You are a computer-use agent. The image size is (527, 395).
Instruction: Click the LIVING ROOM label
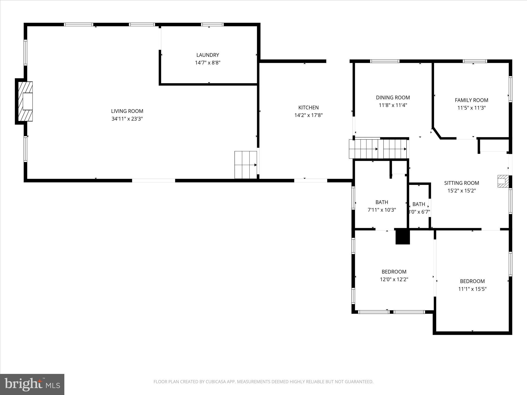(x=127, y=111)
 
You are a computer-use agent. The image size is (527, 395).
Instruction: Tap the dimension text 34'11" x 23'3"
(x=127, y=119)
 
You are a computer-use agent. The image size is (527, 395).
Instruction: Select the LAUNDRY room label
(x=208, y=55)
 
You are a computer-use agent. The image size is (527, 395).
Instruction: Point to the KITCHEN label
(x=308, y=107)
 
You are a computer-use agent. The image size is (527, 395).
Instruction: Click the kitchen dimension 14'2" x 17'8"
(x=308, y=115)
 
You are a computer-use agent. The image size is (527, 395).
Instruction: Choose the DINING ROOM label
(x=393, y=97)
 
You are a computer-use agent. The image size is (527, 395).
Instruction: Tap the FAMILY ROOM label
(x=471, y=100)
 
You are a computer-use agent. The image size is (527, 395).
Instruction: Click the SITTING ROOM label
(x=461, y=183)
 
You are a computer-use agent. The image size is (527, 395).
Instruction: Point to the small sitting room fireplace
(x=503, y=181)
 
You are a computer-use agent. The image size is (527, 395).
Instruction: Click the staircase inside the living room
(x=245, y=165)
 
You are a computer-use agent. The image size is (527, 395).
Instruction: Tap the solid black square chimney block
(x=402, y=236)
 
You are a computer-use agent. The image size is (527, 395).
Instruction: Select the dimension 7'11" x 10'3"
(x=382, y=210)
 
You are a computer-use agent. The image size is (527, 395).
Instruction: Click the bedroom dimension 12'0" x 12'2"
(x=394, y=279)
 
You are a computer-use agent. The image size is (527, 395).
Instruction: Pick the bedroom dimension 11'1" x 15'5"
(x=472, y=289)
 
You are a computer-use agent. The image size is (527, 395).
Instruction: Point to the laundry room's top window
(x=212, y=25)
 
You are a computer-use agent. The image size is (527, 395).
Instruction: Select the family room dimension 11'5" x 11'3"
(x=471, y=108)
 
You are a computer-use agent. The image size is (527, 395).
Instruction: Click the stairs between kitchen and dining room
(x=378, y=149)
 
